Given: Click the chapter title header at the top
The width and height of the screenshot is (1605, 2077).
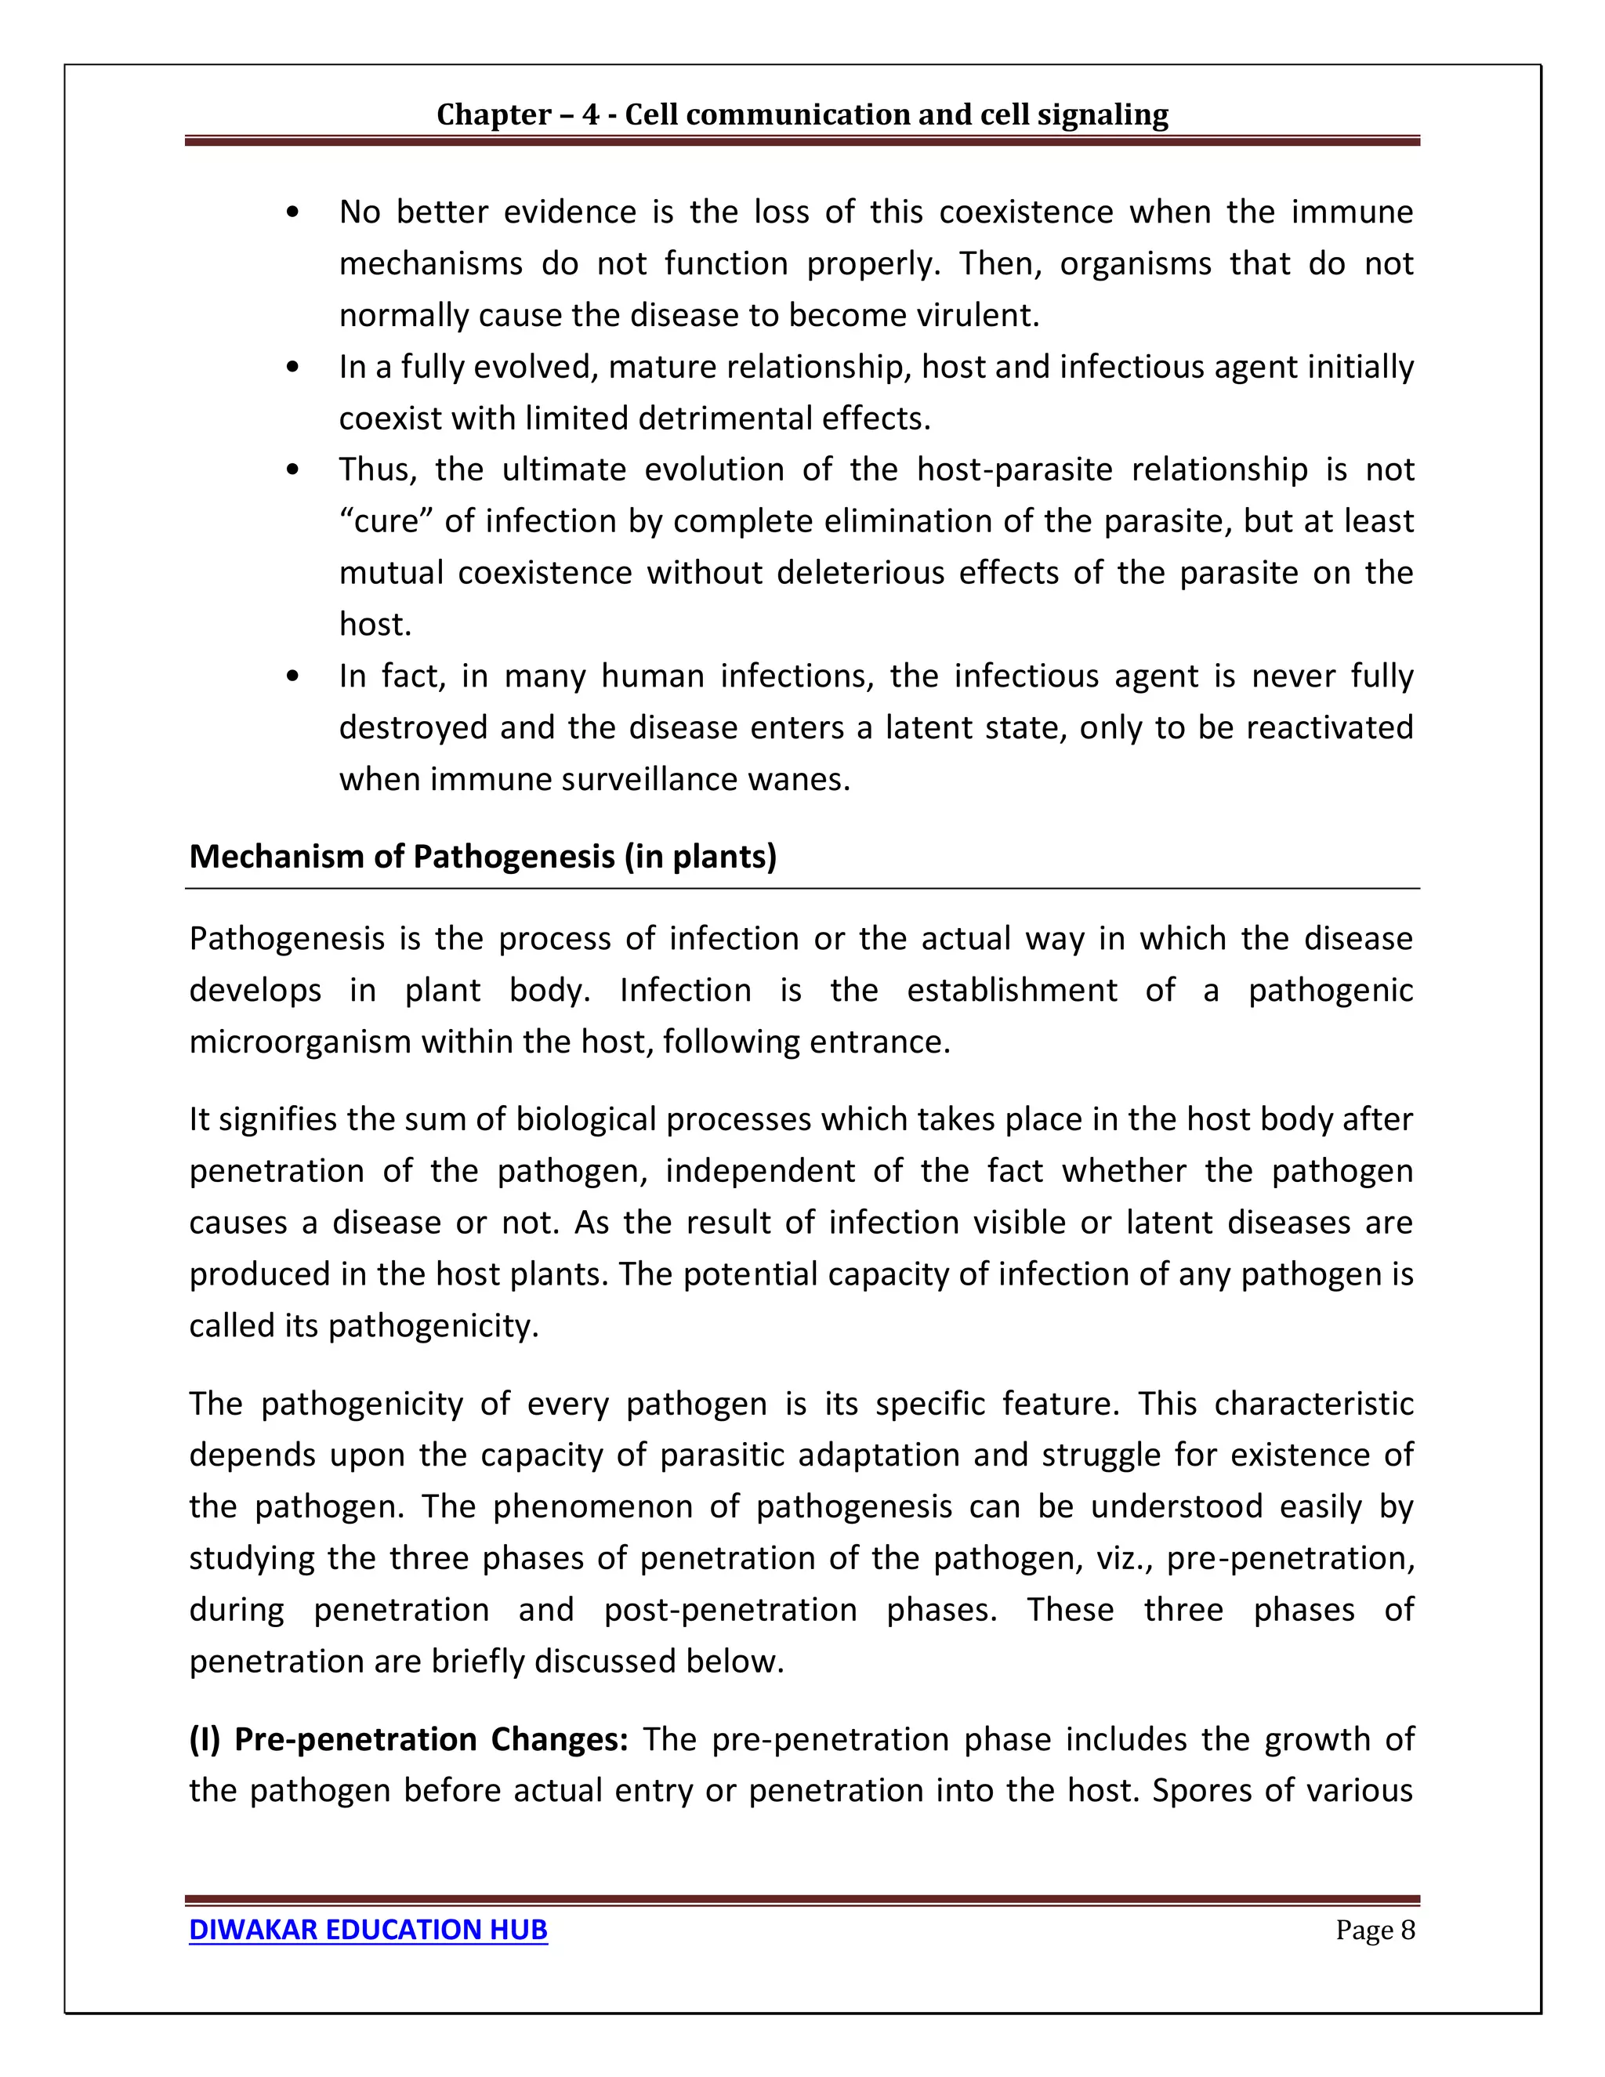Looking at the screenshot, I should point(802,114).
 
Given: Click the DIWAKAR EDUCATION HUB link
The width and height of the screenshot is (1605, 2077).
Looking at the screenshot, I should point(368,1930).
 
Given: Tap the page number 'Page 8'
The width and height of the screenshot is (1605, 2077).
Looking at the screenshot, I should point(1375,1930).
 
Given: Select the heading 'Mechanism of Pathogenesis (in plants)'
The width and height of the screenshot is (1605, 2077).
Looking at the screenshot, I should point(482,857).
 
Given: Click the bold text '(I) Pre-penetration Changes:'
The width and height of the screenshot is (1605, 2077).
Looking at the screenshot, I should point(408,1739).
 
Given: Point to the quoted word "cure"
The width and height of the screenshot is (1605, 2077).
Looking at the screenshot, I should point(393,521).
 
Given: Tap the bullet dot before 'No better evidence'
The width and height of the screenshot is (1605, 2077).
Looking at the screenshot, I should point(293,212).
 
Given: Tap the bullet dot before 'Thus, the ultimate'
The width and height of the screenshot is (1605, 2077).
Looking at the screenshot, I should point(293,469).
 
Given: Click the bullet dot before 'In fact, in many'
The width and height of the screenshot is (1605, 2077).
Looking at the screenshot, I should point(293,676).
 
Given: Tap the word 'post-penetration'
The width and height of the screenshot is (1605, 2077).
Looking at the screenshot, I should point(730,1610).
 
